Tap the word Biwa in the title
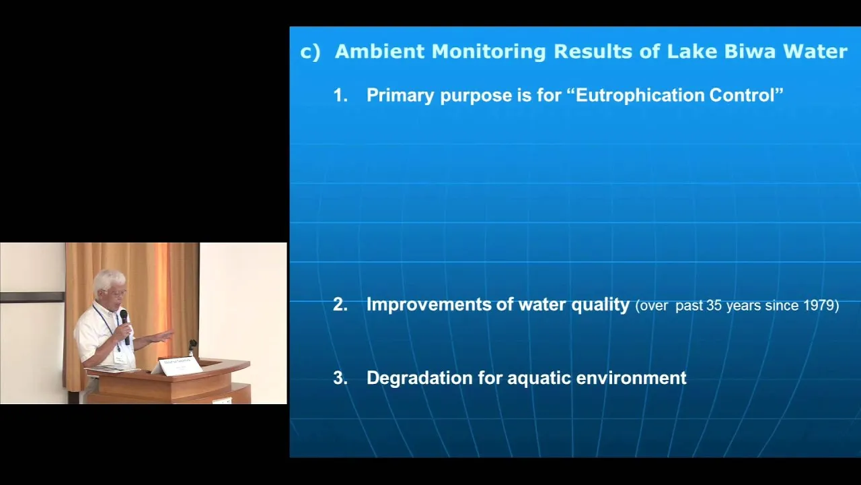(x=750, y=51)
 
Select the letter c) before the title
(x=310, y=53)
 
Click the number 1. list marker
(x=340, y=95)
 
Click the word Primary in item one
(x=400, y=96)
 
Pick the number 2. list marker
(x=340, y=304)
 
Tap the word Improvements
(x=428, y=304)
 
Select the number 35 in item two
(x=714, y=305)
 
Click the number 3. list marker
(x=340, y=378)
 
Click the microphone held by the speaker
(x=125, y=327)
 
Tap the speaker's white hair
(x=109, y=280)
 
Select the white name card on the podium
(x=180, y=365)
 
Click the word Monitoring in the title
(x=488, y=53)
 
